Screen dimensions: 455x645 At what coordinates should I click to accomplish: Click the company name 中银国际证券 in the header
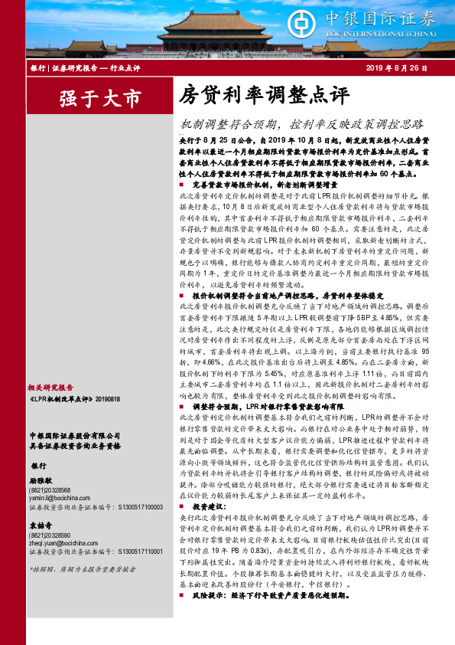pyautogui.click(x=391, y=17)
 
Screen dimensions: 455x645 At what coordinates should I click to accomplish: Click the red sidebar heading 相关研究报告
pyautogui.click(x=51, y=387)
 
